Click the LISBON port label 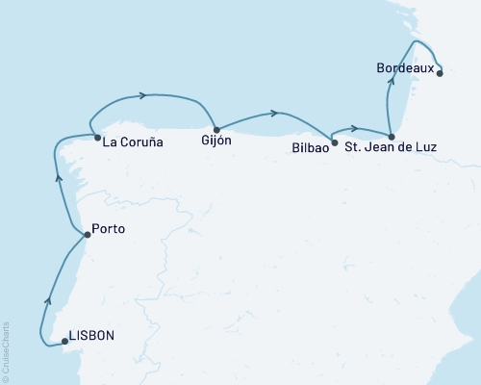click(92, 336)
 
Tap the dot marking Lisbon click(64, 341)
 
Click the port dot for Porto click(87, 234)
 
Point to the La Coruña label click(133, 142)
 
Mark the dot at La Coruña click(98, 138)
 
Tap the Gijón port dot click(216, 129)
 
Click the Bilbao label click(309, 149)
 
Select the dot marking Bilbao click(334, 143)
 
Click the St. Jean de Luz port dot click(392, 138)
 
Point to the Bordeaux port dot click(439, 72)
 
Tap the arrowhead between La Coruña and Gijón click(142, 94)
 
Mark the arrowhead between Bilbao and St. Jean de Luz click(356, 127)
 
